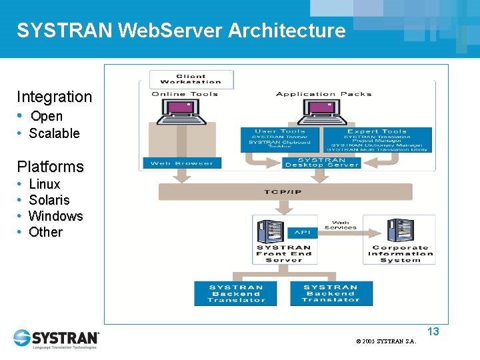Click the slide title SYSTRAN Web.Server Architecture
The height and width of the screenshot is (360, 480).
pos(181,31)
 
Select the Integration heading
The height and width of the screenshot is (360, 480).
pos(55,97)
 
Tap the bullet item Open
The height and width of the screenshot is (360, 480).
pos(47,116)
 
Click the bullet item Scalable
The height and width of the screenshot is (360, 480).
pos(54,133)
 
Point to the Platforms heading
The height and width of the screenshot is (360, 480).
pos(51,167)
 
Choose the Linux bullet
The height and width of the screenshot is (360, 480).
pos(45,184)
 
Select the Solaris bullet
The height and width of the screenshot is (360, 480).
pos(49,200)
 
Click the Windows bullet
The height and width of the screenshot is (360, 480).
pos(56,216)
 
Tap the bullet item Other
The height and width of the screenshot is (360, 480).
pos(46,232)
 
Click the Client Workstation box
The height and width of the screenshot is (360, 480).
pos(191,79)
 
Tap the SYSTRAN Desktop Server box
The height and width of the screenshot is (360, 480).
pos(321,162)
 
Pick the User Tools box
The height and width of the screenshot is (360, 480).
pos(280,140)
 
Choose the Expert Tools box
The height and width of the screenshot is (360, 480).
pos(377,140)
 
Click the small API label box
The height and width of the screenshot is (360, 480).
pos(302,233)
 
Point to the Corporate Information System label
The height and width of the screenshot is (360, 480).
pos(400,253)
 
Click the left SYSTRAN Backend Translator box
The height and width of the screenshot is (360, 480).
pos(236,293)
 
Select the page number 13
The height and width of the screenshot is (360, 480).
pos(433,331)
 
